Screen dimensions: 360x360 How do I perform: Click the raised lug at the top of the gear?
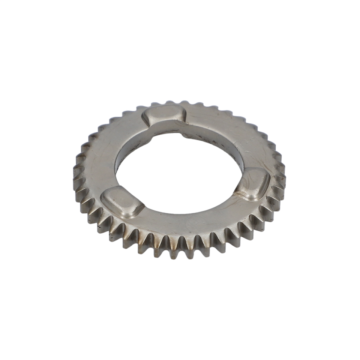[x=165, y=114]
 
